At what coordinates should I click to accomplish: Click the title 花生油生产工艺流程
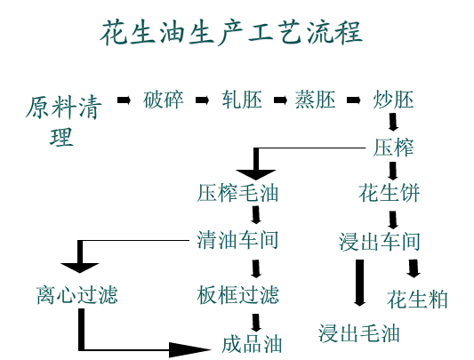coord(230,33)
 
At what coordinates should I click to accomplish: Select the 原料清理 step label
coord(63,122)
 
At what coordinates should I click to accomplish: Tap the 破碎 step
coord(164,100)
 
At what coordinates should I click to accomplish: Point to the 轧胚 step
coord(242,100)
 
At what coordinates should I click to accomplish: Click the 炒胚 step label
coord(394,100)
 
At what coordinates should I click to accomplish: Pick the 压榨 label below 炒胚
coord(393,146)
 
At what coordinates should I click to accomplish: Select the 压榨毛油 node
coord(237,192)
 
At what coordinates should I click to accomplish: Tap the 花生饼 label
coord(389,192)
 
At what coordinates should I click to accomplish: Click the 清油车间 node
coord(237,241)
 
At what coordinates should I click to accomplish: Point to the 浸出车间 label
coord(380,242)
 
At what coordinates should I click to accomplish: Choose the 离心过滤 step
coord(77,295)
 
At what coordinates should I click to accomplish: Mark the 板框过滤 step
coord(237,294)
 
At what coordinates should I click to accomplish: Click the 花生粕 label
coord(417,299)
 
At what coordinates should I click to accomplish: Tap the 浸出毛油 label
coord(359,333)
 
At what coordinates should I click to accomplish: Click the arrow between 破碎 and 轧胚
coord(202,99)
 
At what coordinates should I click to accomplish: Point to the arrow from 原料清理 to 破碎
coord(124,99)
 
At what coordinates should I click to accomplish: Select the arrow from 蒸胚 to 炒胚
coord(355,99)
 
